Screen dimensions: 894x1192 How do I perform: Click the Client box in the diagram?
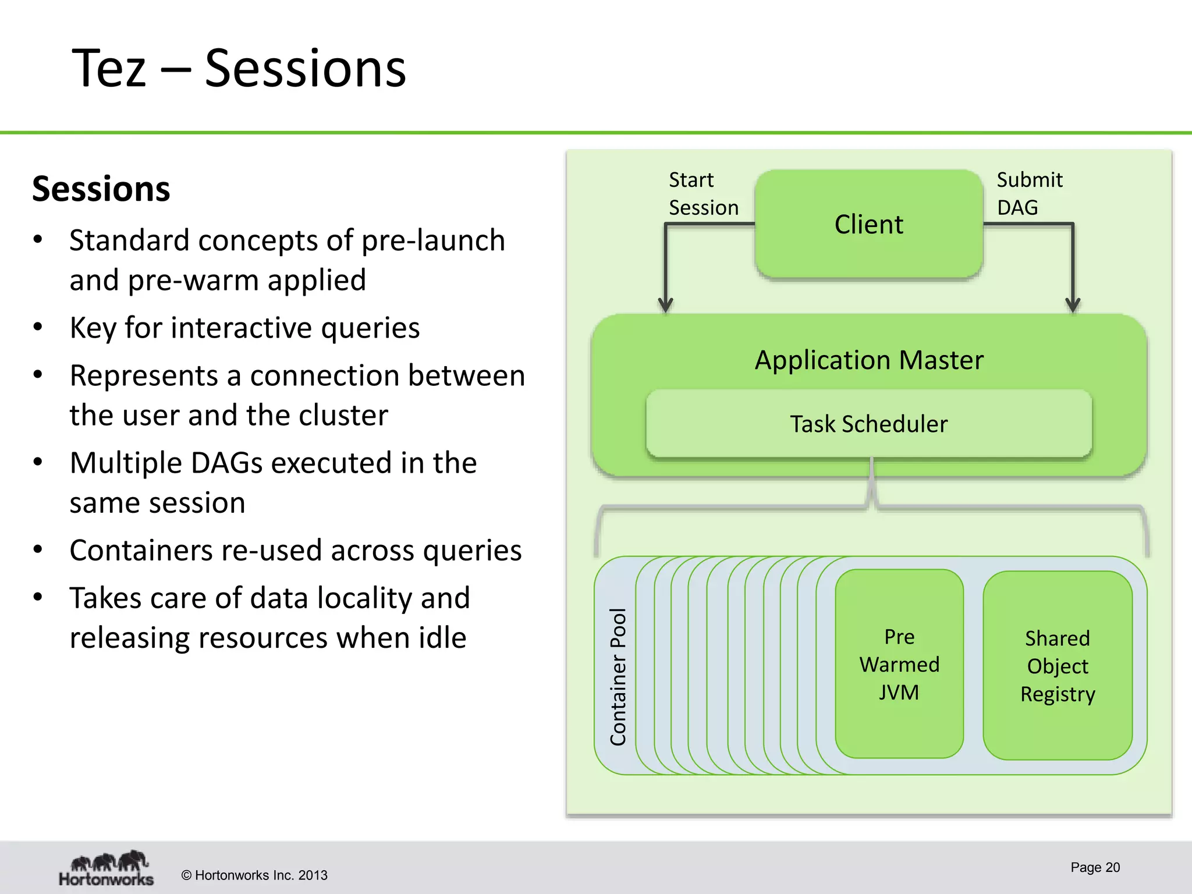click(x=868, y=224)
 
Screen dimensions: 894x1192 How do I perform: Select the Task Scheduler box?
click(x=868, y=424)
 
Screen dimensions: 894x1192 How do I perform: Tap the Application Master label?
click(x=868, y=360)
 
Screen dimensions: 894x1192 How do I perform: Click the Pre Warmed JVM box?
click(x=899, y=664)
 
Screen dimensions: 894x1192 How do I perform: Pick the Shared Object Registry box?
click(x=1058, y=666)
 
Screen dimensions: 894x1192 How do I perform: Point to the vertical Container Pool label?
click(x=618, y=676)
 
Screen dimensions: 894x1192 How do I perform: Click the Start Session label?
click(x=703, y=193)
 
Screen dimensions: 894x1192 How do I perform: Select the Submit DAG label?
click(x=1029, y=193)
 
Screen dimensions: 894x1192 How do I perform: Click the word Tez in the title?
click(x=109, y=69)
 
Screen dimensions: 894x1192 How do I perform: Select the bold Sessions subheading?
click(x=101, y=189)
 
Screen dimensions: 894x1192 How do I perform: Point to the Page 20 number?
click(x=1095, y=867)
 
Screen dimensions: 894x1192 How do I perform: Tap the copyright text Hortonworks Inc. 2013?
click(x=254, y=875)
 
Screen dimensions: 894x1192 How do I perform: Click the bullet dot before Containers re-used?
click(x=38, y=550)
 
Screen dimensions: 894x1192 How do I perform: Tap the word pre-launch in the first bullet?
click(x=433, y=240)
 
